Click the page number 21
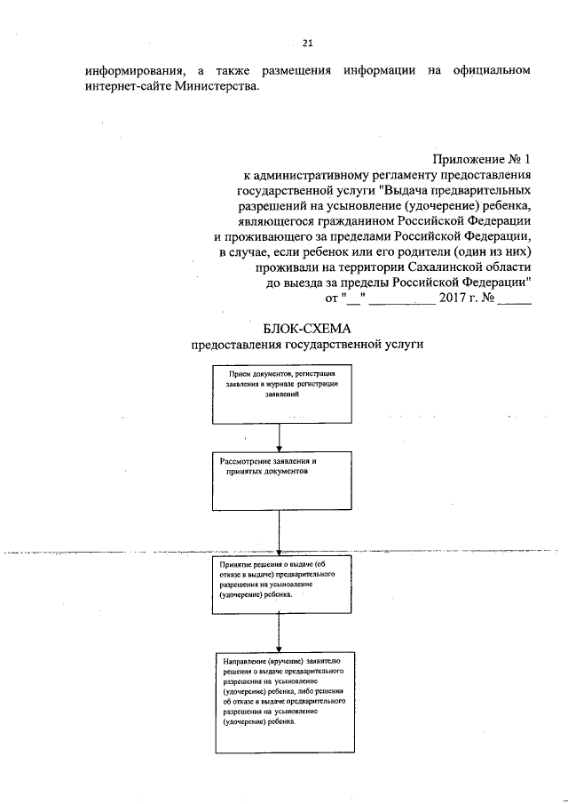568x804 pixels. [x=308, y=41]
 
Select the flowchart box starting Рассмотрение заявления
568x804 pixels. [x=280, y=482]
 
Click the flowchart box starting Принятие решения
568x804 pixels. [x=280, y=586]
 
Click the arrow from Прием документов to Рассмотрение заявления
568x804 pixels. [x=280, y=438]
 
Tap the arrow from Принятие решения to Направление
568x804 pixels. [x=280, y=635]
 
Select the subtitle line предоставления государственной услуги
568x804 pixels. [x=283, y=344]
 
